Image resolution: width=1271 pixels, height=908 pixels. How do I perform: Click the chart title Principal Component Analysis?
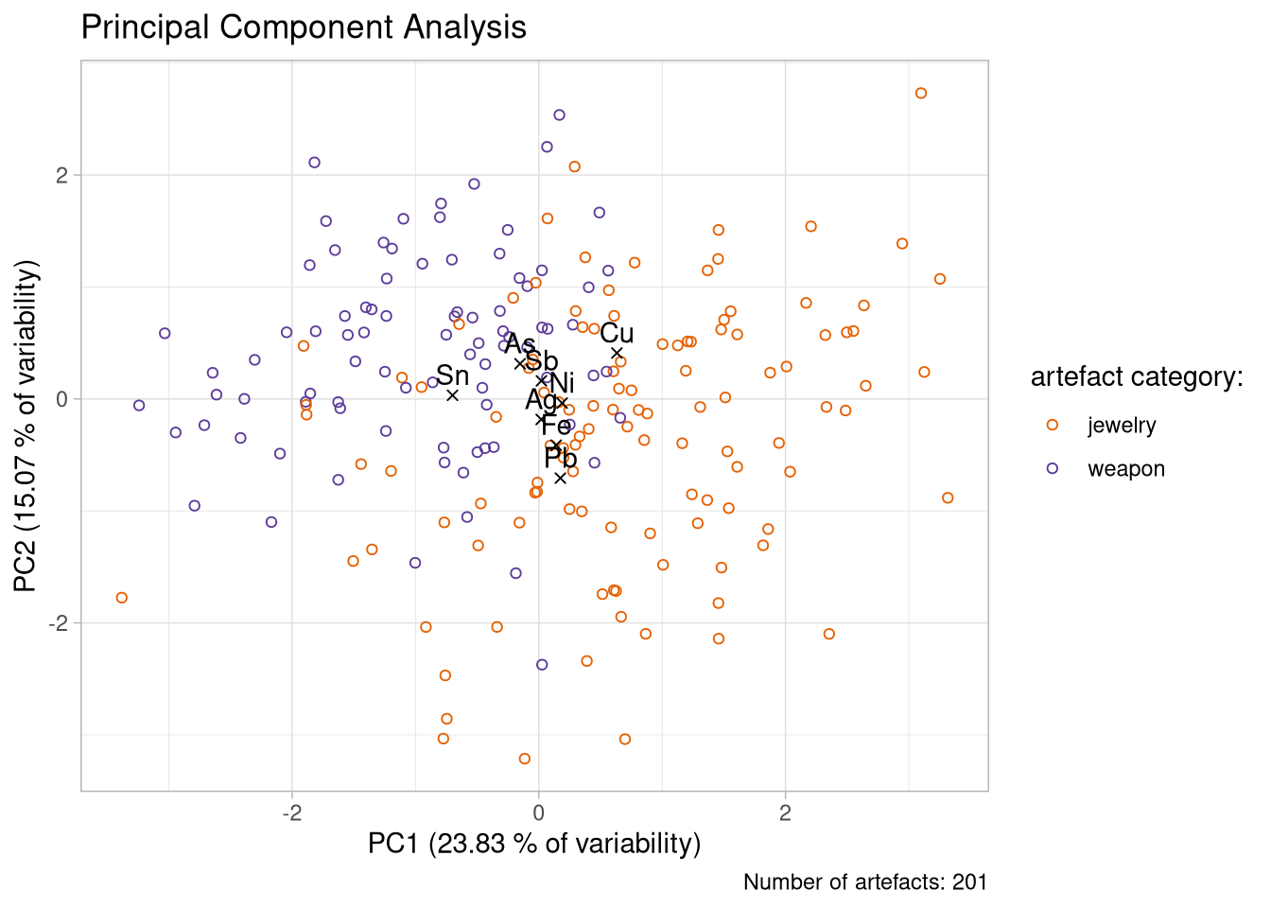click(304, 26)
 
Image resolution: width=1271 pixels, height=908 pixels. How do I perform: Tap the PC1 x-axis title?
click(534, 844)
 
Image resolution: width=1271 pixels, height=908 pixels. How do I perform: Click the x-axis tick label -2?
click(291, 813)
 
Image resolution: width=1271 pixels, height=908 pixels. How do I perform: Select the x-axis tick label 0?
click(538, 813)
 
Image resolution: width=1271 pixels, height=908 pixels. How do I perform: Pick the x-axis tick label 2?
click(785, 813)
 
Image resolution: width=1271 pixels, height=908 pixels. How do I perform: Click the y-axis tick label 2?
click(62, 176)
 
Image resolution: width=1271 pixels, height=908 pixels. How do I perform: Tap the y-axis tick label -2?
click(59, 623)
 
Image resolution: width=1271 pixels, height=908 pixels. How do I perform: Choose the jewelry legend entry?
click(1122, 426)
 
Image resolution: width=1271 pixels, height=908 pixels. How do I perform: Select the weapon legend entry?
click(1125, 469)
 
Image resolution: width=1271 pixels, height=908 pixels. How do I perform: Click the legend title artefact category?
click(1136, 377)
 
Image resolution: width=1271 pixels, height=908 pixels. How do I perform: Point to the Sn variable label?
click(452, 375)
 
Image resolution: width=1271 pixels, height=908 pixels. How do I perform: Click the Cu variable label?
click(617, 333)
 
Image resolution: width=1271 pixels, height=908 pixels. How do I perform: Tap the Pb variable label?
click(561, 459)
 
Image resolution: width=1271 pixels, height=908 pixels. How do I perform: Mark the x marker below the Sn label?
click(452, 395)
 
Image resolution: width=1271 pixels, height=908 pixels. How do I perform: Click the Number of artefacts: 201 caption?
click(864, 882)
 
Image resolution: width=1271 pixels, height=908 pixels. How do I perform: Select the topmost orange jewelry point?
click(921, 94)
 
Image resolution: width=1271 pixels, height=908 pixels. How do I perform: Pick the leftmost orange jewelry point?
click(121, 598)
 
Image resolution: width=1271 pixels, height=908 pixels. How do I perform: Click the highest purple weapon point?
click(559, 115)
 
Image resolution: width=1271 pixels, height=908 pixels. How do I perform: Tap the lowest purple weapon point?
click(542, 665)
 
